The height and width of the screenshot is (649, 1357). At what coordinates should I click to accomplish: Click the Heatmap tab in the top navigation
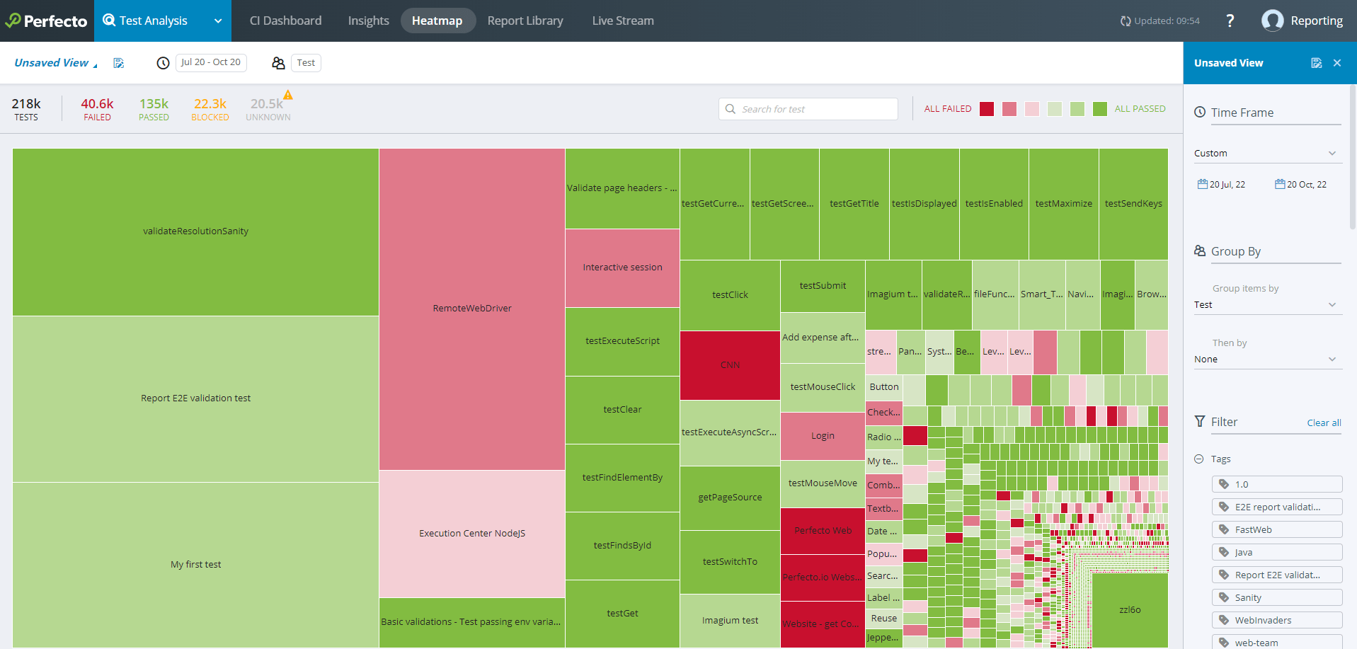coord(437,21)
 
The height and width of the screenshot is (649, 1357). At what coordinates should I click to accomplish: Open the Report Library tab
coord(525,21)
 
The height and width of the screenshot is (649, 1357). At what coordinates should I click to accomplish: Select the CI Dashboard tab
coord(285,21)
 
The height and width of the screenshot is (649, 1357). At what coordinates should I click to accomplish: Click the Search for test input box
coord(808,109)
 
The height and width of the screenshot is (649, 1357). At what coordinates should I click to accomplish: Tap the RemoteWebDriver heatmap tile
coord(471,309)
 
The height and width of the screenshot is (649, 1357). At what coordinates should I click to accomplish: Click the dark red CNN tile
coord(730,365)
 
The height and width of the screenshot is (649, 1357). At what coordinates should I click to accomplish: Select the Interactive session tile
coord(622,268)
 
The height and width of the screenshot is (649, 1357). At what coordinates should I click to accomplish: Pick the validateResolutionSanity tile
coord(195,231)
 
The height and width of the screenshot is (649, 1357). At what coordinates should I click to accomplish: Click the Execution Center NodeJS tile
coord(471,534)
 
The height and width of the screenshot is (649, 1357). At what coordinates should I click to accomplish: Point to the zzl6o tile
coord(1130,609)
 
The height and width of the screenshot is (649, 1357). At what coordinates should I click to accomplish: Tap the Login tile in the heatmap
coord(823,436)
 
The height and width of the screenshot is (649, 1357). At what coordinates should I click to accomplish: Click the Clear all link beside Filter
coord(1324,423)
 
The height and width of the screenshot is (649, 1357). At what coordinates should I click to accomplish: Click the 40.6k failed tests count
coord(97,104)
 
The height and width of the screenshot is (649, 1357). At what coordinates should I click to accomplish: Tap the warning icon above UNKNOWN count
coord(288,95)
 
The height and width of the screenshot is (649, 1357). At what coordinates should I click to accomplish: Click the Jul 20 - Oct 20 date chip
coord(210,62)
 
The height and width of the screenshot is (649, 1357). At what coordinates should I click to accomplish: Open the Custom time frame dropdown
coord(1265,154)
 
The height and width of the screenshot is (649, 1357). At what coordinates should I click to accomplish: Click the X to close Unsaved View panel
coord(1337,63)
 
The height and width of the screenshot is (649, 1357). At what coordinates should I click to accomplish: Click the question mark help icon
coord(1230,21)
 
